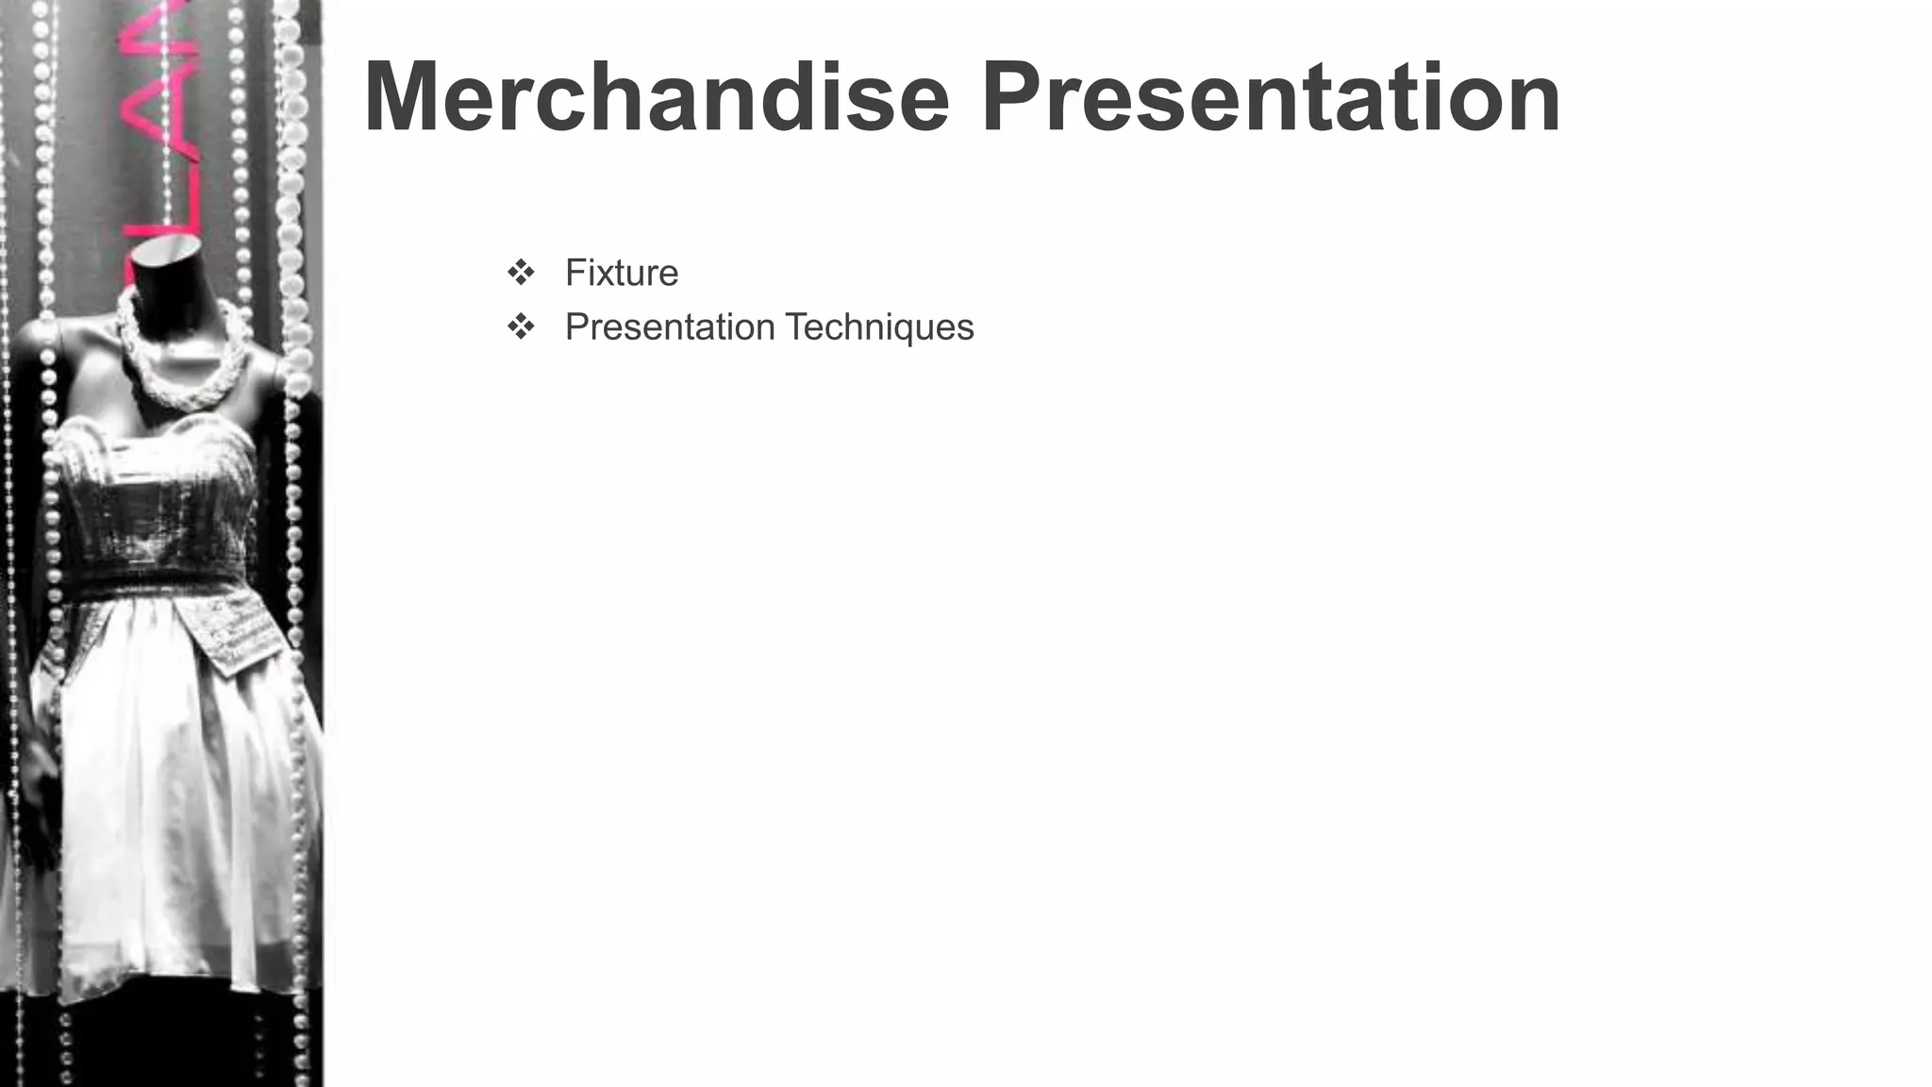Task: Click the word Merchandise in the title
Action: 656,97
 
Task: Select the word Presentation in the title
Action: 1271,97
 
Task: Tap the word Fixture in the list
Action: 622,273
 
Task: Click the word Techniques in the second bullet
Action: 879,327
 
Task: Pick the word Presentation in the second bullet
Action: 670,327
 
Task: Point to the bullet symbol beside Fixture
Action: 521,273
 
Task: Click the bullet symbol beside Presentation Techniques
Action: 521,327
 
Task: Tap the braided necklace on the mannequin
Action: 179,368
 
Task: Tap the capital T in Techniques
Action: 798,327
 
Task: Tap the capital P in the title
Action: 1014,97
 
